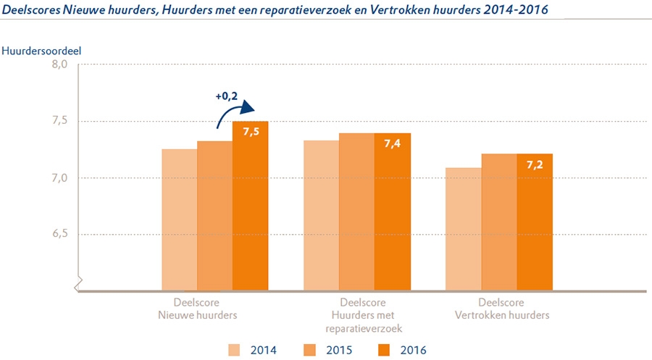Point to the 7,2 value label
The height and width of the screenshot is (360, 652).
(534, 164)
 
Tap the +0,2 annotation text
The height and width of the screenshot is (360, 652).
(226, 96)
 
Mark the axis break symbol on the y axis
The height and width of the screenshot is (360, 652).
(78, 282)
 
